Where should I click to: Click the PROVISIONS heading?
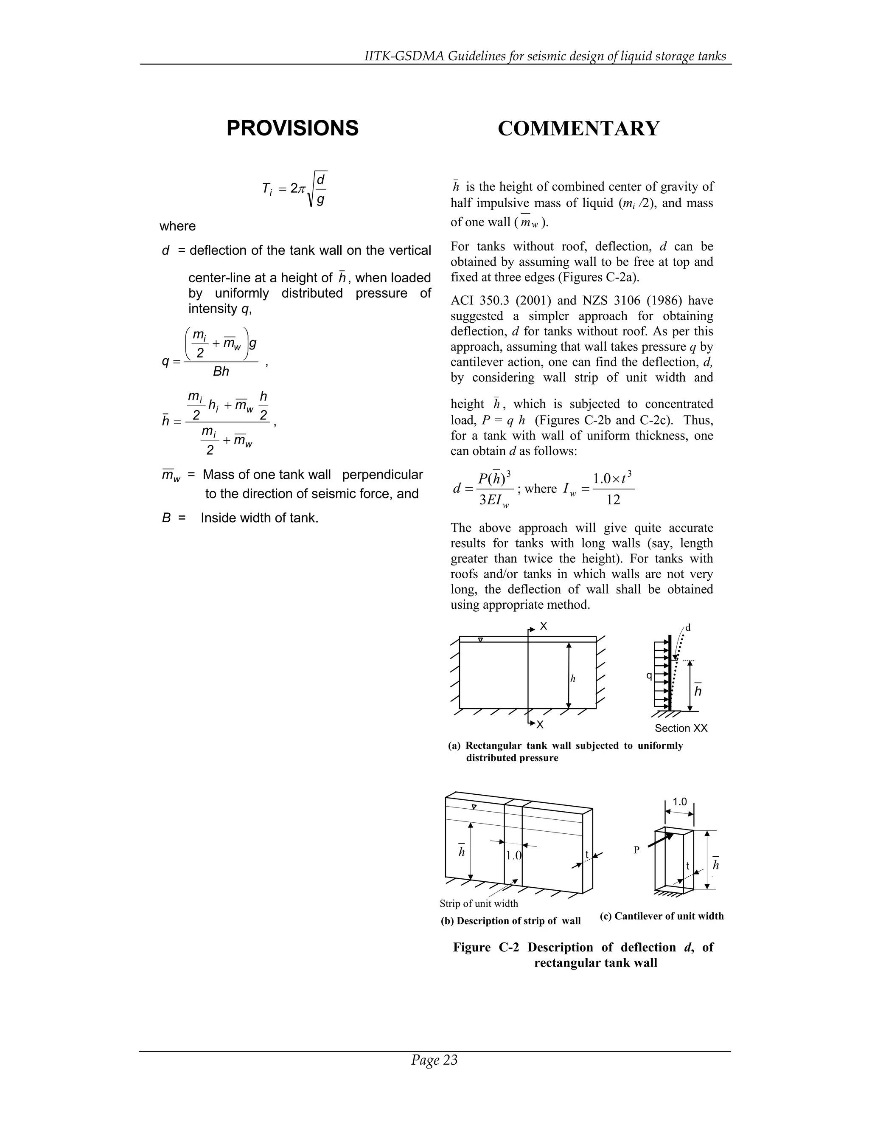pyautogui.click(x=292, y=128)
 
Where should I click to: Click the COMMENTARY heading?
pyautogui.click(x=578, y=129)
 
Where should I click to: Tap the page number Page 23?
pyautogui.click(x=434, y=1060)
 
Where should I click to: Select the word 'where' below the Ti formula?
pyautogui.click(x=178, y=226)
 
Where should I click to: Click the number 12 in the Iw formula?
pyautogui.click(x=613, y=500)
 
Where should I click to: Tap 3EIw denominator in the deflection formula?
pyautogui.click(x=494, y=500)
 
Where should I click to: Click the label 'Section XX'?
pyautogui.click(x=681, y=728)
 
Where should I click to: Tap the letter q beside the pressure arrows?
pyautogui.click(x=649, y=675)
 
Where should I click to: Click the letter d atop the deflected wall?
pyautogui.click(x=688, y=628)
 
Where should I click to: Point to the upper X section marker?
pyautogui.click(x=543, y=626)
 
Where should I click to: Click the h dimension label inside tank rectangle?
pyautogui.click(x=572, y=679)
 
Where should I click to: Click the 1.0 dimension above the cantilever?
pyautogui.click(x=680, y=802)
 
